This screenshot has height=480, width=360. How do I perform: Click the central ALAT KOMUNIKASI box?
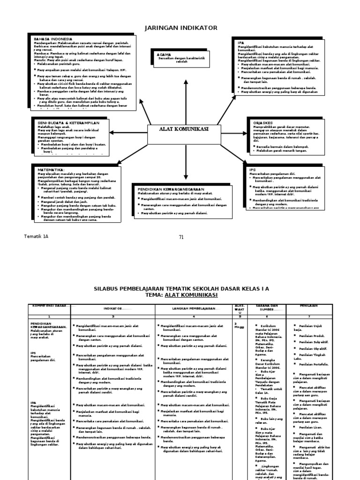point(184,129)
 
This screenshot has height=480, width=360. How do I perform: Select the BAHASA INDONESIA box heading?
point(52,39)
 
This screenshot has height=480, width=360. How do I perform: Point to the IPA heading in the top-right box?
point(241,43)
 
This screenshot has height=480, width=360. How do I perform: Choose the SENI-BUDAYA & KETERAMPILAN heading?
point(68,122)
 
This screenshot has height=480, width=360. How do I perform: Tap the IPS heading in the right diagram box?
point(253,169)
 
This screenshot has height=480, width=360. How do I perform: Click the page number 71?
point(181,237)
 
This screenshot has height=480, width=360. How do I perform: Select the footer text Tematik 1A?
point(36,236)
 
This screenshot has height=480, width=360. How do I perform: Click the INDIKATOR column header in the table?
point(113,308)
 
